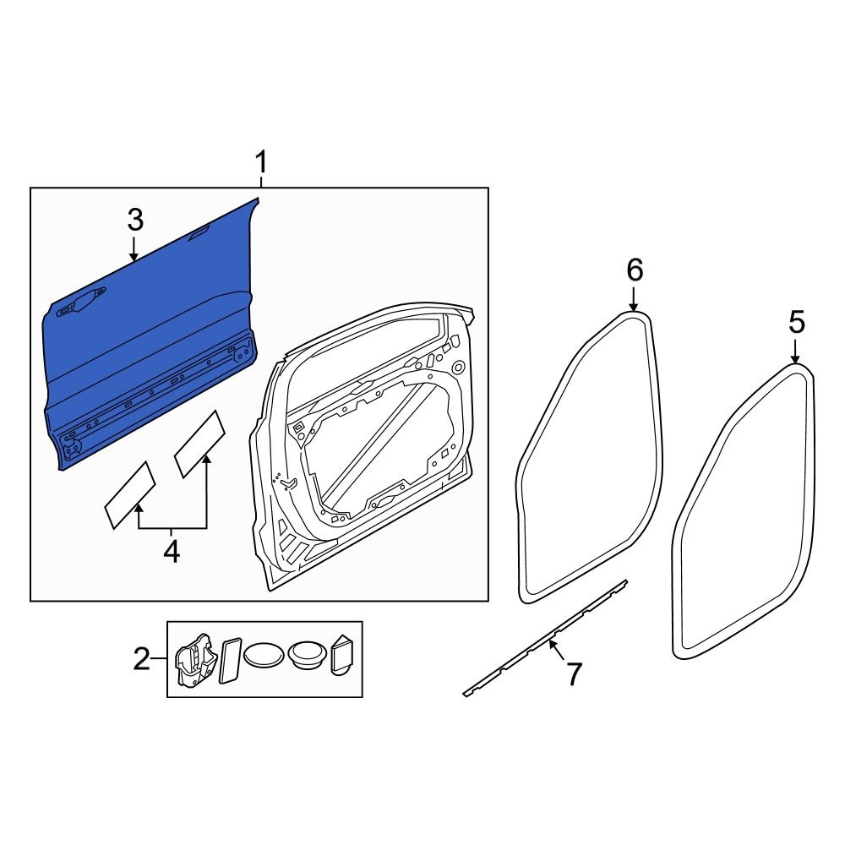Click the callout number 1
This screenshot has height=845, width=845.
coord(261,161)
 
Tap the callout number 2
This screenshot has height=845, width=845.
coord(141,658)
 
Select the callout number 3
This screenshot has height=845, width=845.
coord(135,221)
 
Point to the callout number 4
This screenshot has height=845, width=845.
coord(171,552)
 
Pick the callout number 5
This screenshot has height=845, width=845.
coord(796,322)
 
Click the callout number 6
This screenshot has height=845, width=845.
coord(635,270)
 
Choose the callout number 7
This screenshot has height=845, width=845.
coord(574,673)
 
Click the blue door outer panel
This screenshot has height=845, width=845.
coord(152,338)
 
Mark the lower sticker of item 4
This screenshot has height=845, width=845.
coord(129,494)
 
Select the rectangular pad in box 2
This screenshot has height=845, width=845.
coord(229,660)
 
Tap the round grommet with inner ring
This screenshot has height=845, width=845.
coord(307,655)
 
